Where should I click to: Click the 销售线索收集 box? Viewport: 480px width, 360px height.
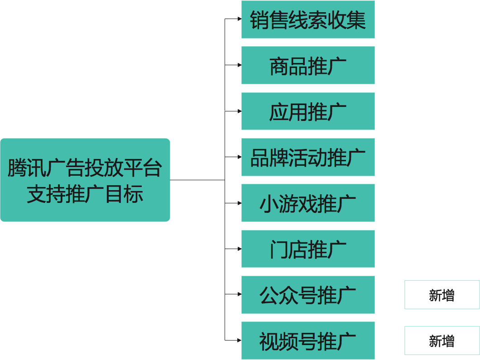308,19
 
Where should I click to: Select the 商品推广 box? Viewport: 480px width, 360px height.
308,65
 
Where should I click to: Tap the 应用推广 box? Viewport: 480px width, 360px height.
308,111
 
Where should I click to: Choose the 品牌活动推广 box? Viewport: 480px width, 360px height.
308,157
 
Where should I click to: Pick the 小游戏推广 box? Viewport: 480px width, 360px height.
308,203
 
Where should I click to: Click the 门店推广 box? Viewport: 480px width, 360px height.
308,249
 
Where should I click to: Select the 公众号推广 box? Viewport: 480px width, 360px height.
308,294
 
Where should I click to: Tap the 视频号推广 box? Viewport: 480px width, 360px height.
308,341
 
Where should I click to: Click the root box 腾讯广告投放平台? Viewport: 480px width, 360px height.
85,168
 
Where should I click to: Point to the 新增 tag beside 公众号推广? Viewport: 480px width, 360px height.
442,295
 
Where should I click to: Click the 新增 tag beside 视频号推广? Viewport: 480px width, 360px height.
442,341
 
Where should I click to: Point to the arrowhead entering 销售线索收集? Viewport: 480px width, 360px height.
240,19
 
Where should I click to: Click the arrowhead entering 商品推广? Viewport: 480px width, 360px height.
240,65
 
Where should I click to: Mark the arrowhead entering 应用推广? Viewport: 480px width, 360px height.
240,111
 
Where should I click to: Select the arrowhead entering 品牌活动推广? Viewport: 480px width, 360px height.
240,157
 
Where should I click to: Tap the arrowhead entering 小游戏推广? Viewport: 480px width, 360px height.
240,203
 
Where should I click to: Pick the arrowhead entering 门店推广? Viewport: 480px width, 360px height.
240,249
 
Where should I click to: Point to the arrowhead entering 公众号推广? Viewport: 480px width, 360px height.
240,294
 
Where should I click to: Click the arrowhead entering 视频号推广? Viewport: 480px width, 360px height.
240,340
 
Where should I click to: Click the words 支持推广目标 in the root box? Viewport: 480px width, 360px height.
85,194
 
